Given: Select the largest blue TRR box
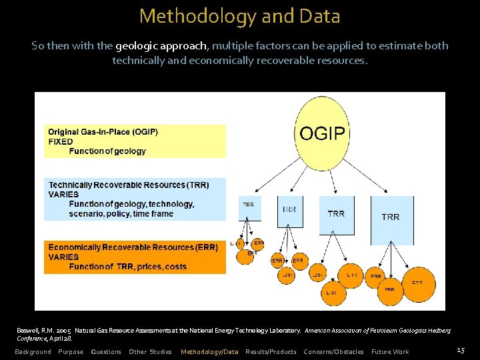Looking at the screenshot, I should [x=390, y=217].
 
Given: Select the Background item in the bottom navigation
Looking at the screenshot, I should [x=33, y=351].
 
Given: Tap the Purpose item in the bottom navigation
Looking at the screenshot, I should [x=71, y=351].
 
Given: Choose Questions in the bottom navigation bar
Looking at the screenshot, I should [x=106, y=351].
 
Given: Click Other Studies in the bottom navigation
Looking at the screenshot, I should [x=150, y=351].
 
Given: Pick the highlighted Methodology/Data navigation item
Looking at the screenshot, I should [x=209, y=351].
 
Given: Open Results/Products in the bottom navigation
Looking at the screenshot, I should [x=271, y=351].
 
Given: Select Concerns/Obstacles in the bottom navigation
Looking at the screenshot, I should [x=333, y=351].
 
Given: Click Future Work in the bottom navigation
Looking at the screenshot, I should [x=390, y=351].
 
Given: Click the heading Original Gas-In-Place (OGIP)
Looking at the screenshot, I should [x=103, y=132].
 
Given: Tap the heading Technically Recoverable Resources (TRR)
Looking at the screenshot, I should [x=129, y=185].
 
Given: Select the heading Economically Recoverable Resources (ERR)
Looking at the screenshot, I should [x=133, y=247].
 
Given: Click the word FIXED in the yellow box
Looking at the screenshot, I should [x=61, y=141].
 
